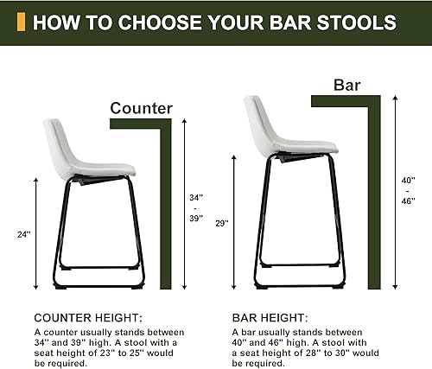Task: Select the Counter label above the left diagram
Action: click(142, 108)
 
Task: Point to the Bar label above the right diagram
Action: click(346, 85)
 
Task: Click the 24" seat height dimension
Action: click(22, 232)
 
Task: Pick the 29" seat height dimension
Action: click(222, 223)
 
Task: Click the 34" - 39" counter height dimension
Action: click(196, 208)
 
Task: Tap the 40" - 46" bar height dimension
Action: click(409, 190)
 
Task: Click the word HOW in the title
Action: click(53, 22)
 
